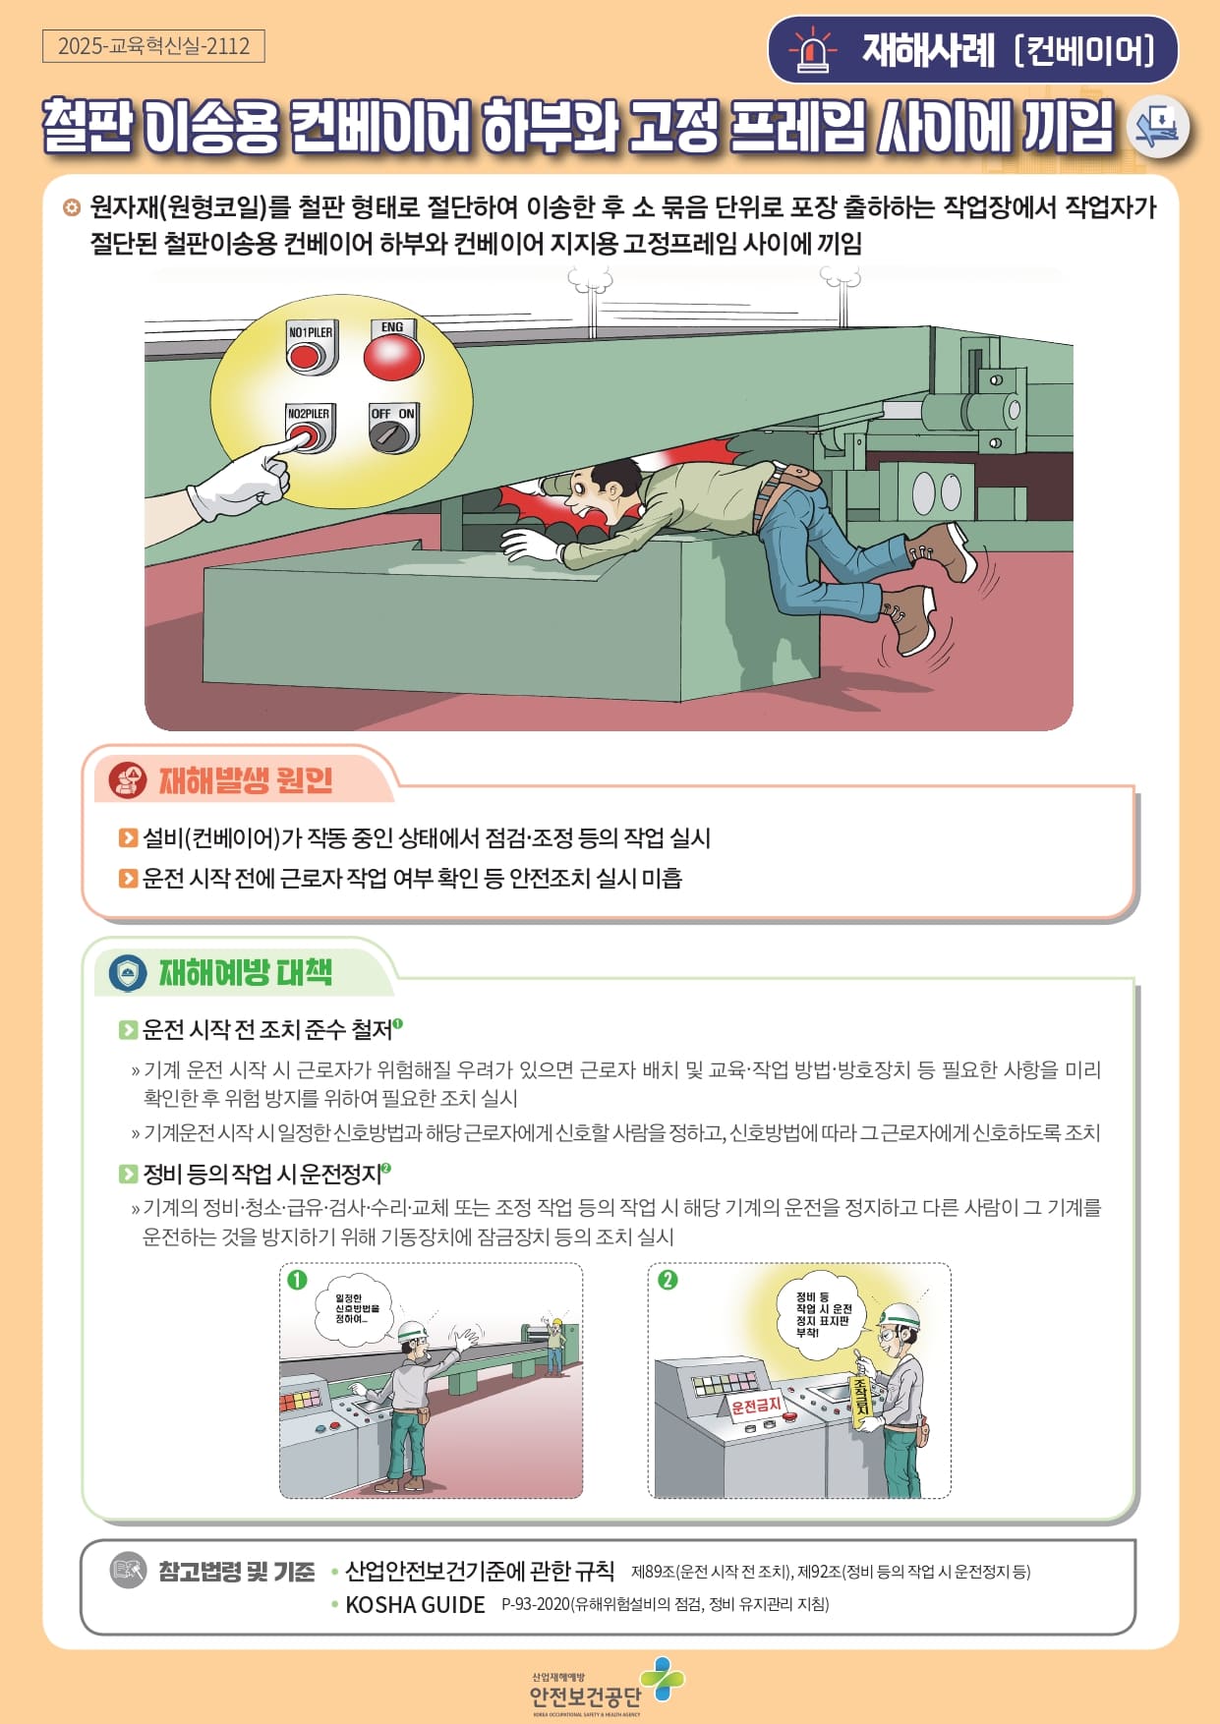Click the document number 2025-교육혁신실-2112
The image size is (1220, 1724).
point(153,46)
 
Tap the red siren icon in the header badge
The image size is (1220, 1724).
point(812,50)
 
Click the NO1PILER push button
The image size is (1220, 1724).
point(310,349)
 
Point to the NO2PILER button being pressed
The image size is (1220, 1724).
point(310,429)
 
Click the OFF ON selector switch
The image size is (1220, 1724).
point(393,429)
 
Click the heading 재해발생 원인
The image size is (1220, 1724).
point(246,780)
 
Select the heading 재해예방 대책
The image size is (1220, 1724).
point(246,973)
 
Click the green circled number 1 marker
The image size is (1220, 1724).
point(297,1280)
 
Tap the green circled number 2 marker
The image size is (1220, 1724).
point(668,1280)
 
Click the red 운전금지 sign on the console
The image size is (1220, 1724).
point(756,1406)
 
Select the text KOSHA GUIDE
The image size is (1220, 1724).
point(415,1605)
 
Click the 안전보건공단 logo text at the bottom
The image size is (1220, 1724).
point(585,1696)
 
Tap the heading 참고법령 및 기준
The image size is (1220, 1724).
point(237,1572)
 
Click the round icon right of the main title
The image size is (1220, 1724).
point(1158,127)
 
